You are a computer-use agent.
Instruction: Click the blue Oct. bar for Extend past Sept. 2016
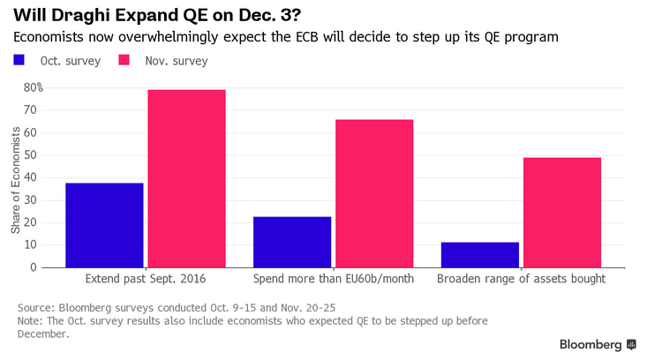coord(104,225)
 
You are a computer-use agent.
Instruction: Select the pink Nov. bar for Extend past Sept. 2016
coord(187,178)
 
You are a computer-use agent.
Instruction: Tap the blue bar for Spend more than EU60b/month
coord(292,242)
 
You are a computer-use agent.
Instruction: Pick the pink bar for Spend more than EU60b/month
coord(374,193)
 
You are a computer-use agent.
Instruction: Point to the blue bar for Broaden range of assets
coord(480,255)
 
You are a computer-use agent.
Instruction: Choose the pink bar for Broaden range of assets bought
coord(562,213)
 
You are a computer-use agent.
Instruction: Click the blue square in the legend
coord(19,60)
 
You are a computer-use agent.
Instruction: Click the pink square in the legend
coord(124,60)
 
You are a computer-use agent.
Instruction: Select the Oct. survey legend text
coord(71,61)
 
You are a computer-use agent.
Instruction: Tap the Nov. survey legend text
coord(177,61)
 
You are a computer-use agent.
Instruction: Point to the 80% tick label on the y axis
coord(33,87)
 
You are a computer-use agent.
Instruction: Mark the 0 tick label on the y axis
coord(34,267)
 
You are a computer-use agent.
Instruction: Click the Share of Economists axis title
coord(16,180)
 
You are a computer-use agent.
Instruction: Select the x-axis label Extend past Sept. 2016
coord(146,279)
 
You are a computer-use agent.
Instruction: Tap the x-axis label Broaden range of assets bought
coord(521,279)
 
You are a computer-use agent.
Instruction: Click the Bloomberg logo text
coord(591,345)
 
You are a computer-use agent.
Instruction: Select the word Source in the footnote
coord(36,308)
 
